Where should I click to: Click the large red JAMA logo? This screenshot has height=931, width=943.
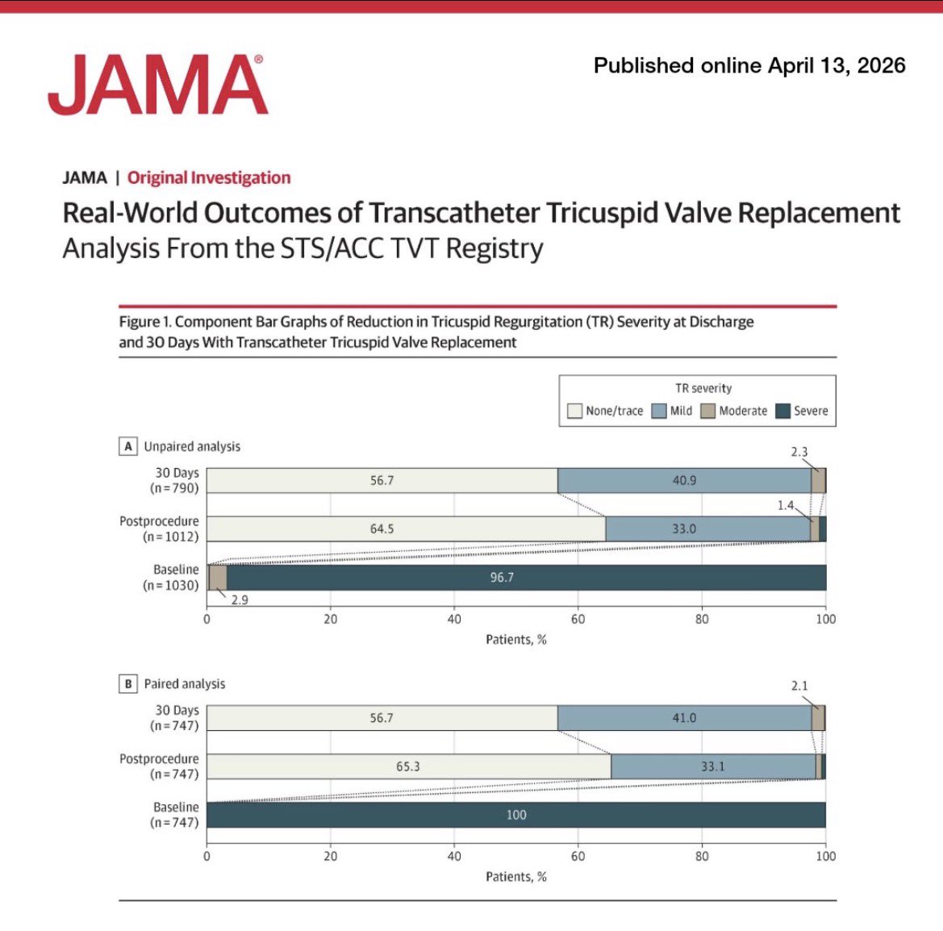click(x=157, y=85)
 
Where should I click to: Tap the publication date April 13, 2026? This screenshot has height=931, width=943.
click(x=749, y=65)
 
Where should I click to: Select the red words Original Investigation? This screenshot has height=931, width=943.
click(x=209, y=177)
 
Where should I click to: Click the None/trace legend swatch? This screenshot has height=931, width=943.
click(x=574, y=411)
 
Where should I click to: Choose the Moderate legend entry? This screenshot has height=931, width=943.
click(x=734, y=411)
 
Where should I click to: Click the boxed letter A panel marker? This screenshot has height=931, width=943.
click(x=127, y=446)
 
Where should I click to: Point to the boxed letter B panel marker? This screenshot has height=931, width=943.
click(x=127, y=683)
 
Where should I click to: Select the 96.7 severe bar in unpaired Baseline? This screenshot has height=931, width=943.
click(x=502, y=578)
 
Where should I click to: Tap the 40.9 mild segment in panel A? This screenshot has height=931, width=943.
click(x=684, y=481)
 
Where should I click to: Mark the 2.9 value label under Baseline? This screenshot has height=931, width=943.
click(x=240, y=600)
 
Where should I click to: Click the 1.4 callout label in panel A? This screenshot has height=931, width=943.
click(x=786, y=506)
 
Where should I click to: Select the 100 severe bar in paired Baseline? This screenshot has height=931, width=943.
click(x=516, y=815)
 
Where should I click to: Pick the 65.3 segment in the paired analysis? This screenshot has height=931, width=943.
click(x=408, y=766)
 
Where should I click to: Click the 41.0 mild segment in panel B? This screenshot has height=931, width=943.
click(x=684, y=718)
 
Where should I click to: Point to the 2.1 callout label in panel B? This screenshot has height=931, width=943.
click(x=799, y=686)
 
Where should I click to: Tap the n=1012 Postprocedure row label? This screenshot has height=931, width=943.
click(x=159, y=529)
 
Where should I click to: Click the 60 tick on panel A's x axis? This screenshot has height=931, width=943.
click(x=578, y=619)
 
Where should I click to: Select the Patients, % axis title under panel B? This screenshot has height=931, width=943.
click(x=516, y=877)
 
